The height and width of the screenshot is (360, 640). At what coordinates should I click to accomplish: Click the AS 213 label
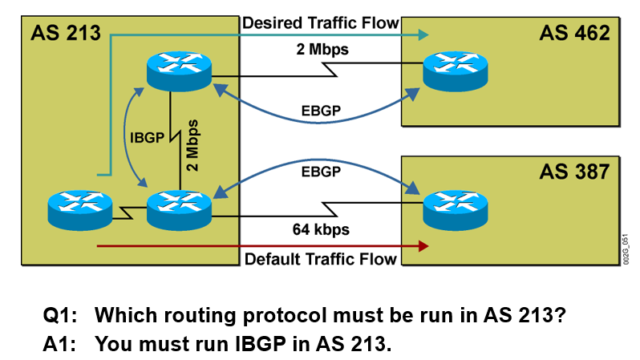point(65,33)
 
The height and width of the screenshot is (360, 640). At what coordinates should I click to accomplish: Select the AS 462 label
point(574,33)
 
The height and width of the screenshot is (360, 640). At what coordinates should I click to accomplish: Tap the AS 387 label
point(574,172)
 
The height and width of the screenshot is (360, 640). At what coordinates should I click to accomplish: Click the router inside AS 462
point(455,70)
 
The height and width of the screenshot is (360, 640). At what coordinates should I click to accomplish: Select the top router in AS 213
point(179,70)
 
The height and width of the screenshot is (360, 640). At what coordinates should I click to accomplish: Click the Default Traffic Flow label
point(320,258)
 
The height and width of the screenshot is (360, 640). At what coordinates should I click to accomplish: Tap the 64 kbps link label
point(320,230)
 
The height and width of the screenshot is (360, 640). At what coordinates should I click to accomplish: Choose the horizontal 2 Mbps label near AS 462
point(320,51)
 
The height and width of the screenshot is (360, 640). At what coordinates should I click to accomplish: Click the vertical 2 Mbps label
point(192,144)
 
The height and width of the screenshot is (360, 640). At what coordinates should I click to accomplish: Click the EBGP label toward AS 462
point(320,110)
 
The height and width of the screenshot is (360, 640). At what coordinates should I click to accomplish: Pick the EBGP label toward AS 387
point(320,171)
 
